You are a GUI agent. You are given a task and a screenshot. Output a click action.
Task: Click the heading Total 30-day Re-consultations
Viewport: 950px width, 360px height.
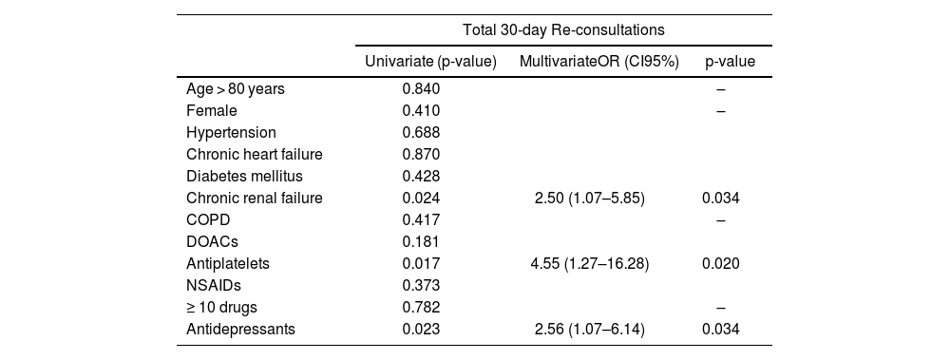point(563,29)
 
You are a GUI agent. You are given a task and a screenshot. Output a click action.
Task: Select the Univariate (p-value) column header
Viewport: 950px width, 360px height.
point(430,61)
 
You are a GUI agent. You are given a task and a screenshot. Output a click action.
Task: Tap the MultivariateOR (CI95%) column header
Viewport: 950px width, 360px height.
point(599,61)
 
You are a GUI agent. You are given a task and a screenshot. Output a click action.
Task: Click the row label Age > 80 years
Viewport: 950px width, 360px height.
point(235,89)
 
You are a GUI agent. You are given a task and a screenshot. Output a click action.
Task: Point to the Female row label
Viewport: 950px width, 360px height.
point(212,111)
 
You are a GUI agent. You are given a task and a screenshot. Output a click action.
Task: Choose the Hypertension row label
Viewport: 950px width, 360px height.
point(231,133)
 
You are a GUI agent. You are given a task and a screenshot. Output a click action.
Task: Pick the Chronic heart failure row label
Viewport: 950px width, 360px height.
point(255,155)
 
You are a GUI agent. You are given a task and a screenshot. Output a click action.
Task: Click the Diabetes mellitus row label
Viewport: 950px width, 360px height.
point(245,177)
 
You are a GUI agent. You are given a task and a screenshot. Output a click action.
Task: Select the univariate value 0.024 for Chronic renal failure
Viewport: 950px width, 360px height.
point(421,199)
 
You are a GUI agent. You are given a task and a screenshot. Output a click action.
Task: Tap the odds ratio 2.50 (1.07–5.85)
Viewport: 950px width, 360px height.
point(598,199)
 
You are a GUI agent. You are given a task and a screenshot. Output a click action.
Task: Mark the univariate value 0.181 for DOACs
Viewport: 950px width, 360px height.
point(421,241)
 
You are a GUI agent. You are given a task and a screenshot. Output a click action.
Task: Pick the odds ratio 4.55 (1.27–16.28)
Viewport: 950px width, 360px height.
point(598,264)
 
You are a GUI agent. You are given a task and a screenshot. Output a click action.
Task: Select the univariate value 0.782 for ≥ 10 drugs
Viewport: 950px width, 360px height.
point(421,307)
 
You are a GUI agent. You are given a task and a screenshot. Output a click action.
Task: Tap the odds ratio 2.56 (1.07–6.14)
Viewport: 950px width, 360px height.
point(598,329)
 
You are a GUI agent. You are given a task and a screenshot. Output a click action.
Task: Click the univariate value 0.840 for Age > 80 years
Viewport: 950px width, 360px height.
point(421,89)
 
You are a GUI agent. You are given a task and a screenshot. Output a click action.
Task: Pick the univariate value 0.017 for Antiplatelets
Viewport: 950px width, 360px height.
point(421,264)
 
